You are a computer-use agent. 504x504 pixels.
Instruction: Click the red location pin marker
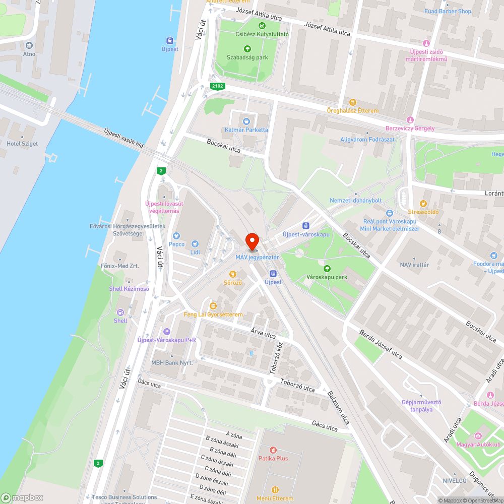click(x=251, y=241)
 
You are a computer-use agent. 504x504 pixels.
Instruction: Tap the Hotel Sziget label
click(x=22, y=144)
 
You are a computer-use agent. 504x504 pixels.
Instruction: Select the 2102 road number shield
click(x=217, y=87)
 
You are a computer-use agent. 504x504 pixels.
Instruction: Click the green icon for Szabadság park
click(x=247, y=49)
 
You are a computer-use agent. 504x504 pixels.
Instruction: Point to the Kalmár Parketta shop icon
click(x=246, y=121)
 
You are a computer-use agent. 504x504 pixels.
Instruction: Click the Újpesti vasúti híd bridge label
click(x=123, y=138)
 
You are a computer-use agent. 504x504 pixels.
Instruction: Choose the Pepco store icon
click(x=176, y=235)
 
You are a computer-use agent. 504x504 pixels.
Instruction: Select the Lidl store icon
click(x=195, y=243)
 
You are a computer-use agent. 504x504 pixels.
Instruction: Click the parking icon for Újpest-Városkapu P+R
click(x=167, y=331)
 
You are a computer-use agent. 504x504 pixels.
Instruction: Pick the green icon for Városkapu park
click(x=327, y=269)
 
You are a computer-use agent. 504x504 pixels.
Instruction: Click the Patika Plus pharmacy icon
click(x=273, y=450)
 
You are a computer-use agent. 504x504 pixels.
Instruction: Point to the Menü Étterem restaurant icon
click(x=275, y=489)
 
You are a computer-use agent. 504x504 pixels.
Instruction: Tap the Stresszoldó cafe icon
click(x=423, y=204)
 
